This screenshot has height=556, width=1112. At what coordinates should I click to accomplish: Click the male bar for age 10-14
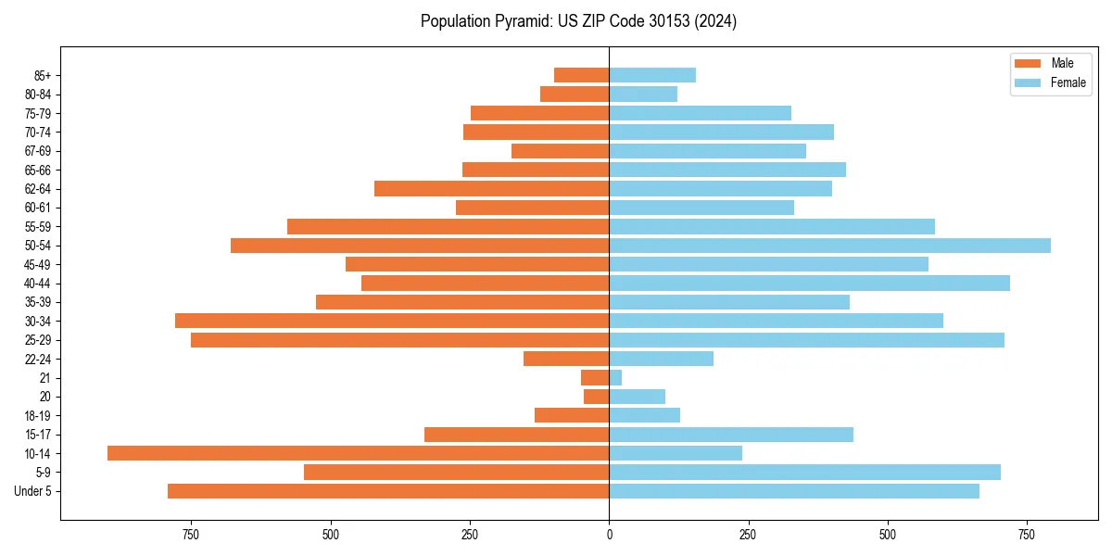point(358,453)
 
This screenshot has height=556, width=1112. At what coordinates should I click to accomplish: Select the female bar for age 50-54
point(829,246)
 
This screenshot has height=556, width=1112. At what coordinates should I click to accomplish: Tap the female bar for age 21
point(615,378)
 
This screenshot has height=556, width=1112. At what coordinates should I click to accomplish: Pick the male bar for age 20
point(597,397)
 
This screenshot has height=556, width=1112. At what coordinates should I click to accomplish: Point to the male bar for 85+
point(581,75)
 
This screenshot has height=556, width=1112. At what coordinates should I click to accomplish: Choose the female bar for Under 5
point(794,491)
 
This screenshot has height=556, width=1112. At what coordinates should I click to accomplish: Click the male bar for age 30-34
point(392,321)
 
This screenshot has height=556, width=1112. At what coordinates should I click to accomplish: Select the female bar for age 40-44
point(809,284)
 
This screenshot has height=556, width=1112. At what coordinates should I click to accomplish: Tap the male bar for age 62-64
point(491,189)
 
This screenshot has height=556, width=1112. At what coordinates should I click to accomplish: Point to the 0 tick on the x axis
point(609,535)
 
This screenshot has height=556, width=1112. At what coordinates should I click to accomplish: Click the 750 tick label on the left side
point(191,535)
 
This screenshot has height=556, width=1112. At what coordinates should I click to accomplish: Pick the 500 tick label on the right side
point(888,535)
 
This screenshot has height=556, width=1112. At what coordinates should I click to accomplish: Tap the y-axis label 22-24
point(37,360)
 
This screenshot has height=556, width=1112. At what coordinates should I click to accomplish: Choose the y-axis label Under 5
point(33,491)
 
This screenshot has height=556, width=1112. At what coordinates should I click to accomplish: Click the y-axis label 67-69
point(37,151)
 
